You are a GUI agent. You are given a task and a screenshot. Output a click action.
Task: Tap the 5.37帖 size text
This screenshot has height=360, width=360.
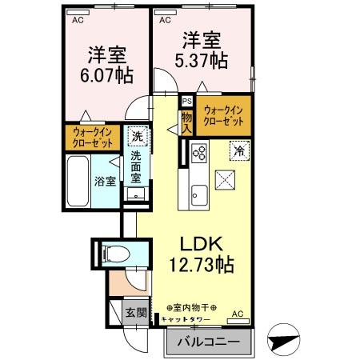[202, 60]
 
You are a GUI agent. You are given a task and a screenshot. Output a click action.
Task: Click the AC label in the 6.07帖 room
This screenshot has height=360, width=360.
[78, 22]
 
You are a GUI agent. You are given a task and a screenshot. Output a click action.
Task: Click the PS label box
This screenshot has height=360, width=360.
[186, 102]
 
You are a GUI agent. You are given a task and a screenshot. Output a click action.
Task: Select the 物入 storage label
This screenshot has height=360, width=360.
[186, 122]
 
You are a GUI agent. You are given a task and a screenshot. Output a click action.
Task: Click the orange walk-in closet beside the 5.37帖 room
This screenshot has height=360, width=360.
[223, 114]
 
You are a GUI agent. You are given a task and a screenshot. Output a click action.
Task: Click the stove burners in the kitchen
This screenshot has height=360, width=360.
[198, 151]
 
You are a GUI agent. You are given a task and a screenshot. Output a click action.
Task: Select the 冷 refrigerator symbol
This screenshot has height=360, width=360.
[239, 148]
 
